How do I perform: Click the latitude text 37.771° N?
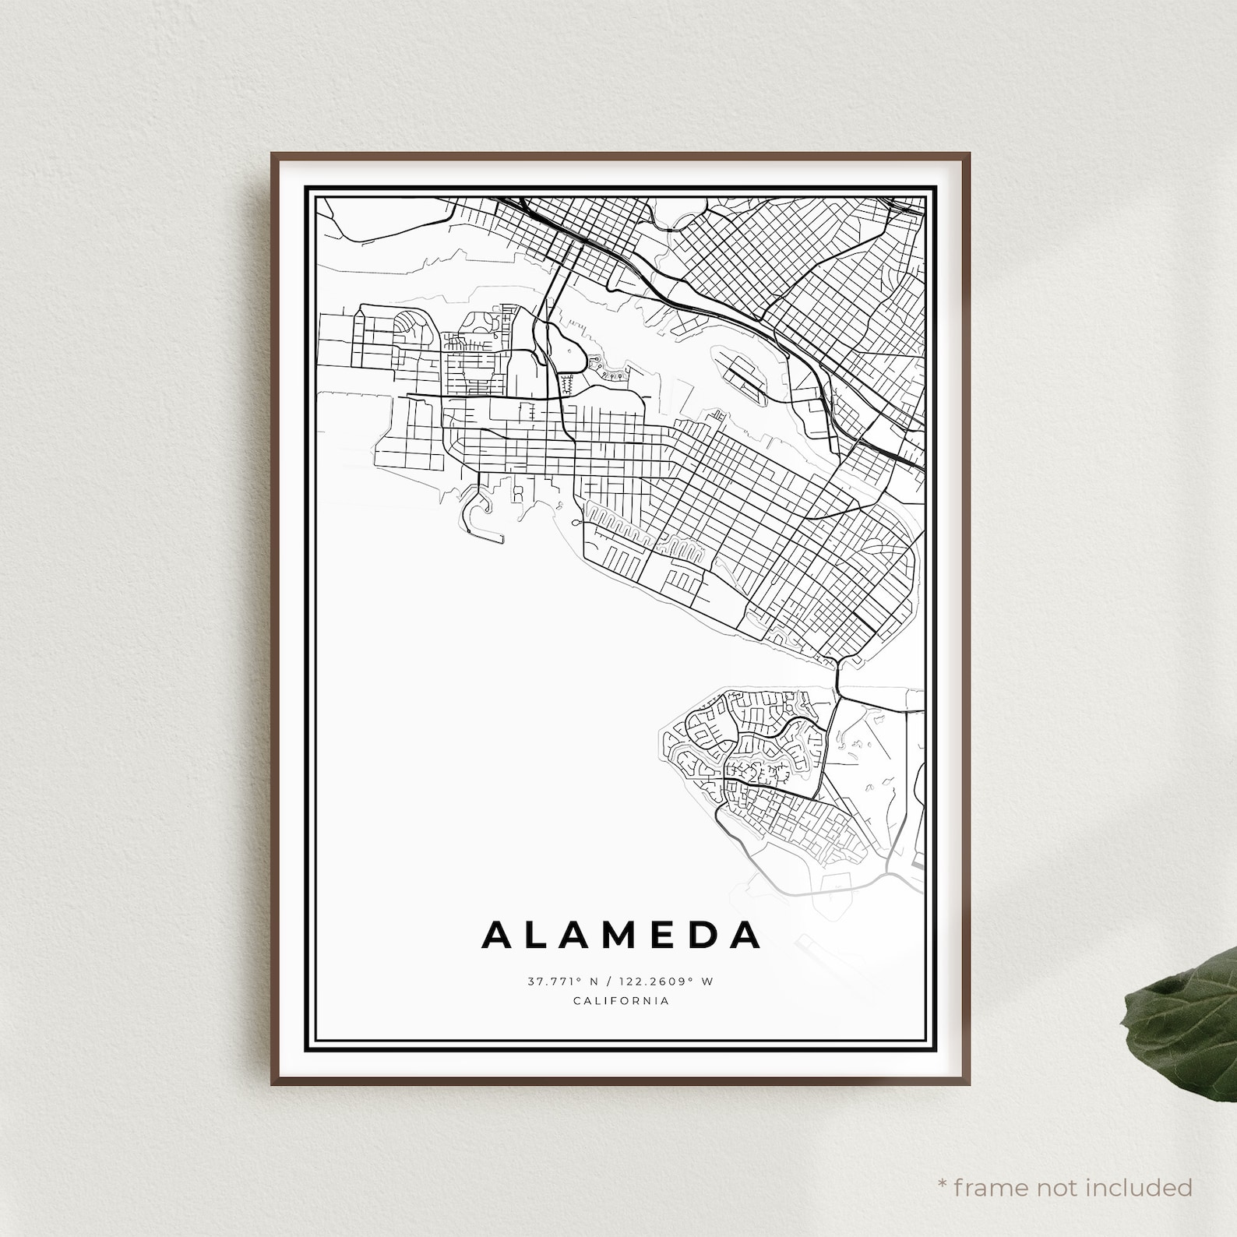tap(560, 981)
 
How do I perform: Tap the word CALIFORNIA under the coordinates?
tap(621, 1001)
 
